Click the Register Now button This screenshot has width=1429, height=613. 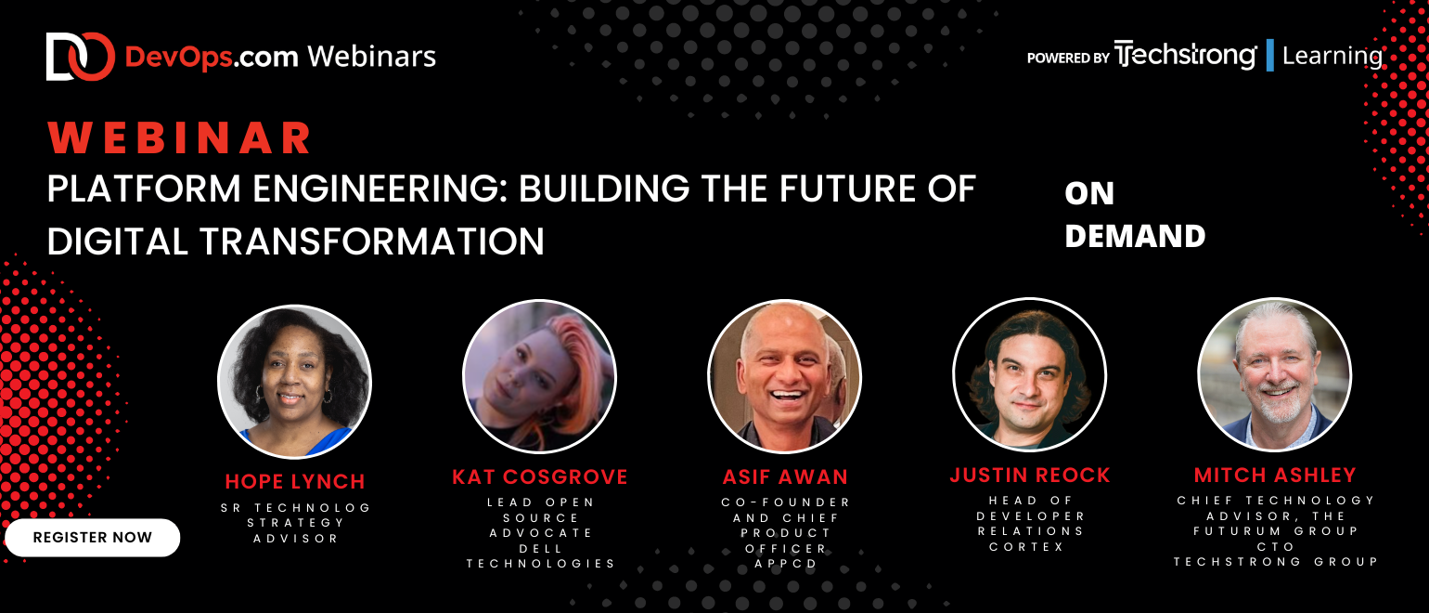coord(93,538)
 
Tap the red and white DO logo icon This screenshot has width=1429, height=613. coord(81,57)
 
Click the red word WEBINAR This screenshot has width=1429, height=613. coord(179,137)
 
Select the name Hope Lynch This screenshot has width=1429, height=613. coord(295,481)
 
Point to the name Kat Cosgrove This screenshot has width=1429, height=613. coord(540,477)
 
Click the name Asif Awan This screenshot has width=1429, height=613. coord(785,477)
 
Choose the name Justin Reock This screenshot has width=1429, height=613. coord(1030,476)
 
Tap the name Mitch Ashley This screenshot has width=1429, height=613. coord(1275,476)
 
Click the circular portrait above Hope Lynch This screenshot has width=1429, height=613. coord(295,382)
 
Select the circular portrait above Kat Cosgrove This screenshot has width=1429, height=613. coord(540,377)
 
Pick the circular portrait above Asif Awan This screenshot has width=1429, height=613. coord(785,377)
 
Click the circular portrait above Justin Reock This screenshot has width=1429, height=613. coord(1030,375)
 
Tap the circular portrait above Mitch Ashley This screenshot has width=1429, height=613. coord(1275,375)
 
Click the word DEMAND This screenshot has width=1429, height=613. coord(1135,236)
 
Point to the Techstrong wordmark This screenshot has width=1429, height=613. coord(1185,55)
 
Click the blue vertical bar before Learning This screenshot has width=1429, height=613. coord(1270,55)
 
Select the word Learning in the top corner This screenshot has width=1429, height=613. coord(1332,57)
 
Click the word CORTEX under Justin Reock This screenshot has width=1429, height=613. coord(1027,547)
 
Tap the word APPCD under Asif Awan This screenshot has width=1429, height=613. coord(785,564)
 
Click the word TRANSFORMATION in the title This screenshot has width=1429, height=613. coord(372,241)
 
